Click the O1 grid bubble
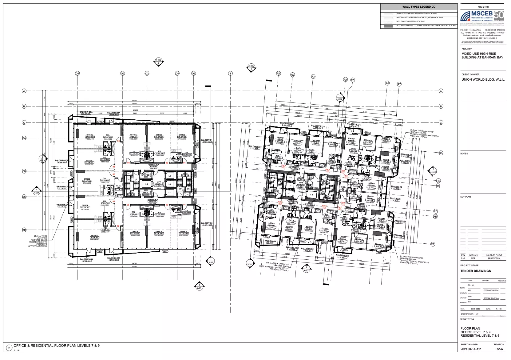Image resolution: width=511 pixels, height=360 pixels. [x=77, y=74]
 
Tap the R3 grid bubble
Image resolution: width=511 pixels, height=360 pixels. [x=313, y=76]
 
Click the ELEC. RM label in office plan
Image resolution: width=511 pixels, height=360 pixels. [x=119, y=186]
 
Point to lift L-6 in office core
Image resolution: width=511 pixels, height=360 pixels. [x=170, y=184]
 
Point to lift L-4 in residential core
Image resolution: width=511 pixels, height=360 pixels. [x=312, y=195]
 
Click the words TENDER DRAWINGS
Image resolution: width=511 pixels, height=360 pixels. [x=475, y=271]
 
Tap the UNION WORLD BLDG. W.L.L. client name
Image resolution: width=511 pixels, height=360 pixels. [x=483, y=79]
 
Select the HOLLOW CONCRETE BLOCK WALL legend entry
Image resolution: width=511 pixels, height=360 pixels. [x=411, y=22]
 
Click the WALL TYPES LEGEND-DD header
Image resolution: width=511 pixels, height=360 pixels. [x=419, y=7]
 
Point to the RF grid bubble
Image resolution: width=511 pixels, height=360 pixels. [x=433, y=244]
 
